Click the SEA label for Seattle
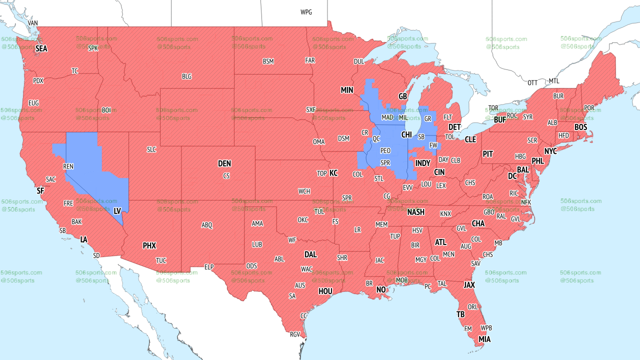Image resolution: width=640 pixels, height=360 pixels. (41, 48)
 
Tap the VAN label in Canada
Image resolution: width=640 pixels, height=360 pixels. (33, 23)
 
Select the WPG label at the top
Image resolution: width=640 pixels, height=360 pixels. (306, 12)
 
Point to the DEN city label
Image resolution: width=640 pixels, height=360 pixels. (224, 163)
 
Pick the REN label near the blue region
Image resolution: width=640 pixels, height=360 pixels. (68, 166)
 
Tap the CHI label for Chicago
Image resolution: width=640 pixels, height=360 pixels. (406, 135)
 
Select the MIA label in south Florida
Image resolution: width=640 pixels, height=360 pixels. (484, 339)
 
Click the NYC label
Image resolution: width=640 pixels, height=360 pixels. (550, 151)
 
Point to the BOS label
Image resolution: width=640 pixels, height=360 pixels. (580, 127)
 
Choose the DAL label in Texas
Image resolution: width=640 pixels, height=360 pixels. (310, 254)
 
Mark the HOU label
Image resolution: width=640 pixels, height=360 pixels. (325, 291)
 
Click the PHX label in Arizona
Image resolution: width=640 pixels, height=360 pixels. (149, 245)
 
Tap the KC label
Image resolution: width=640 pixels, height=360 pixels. (333, 173)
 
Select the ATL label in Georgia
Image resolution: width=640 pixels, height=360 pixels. (440, 242)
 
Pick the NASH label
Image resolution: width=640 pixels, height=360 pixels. (415, 212)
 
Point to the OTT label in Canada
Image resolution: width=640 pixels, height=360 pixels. (533, 82)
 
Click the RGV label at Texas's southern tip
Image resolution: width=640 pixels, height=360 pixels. (295, 334)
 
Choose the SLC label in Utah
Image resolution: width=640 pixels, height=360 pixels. (151, 149)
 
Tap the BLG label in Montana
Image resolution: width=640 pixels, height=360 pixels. (186, 76)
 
